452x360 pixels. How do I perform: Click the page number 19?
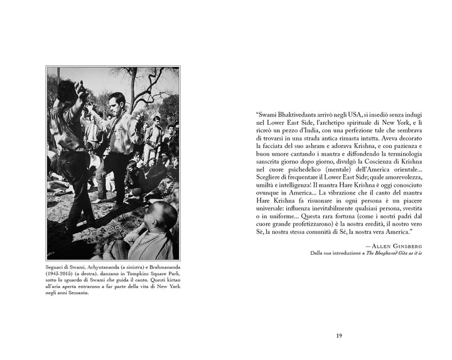(x=339, y=336)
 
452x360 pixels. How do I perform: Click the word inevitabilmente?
(x=338, y=205)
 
